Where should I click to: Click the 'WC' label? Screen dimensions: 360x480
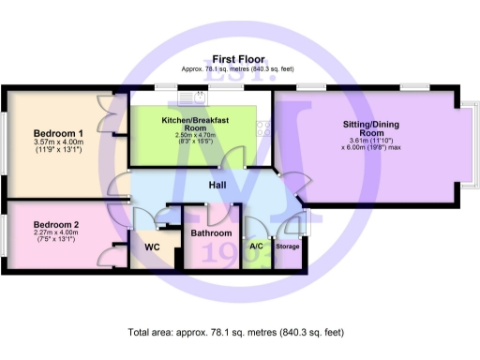[x=153, y=247]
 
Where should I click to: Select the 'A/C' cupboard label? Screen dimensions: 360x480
[x=256, y=247]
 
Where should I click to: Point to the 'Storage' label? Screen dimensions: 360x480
[x=288, y=247]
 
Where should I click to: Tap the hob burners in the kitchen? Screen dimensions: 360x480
[x=264, y=130]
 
